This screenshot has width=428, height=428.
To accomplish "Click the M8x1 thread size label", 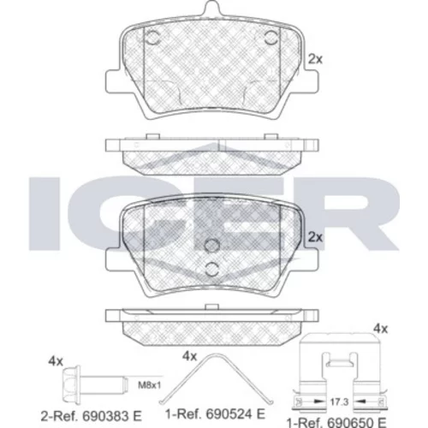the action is click(150, 385).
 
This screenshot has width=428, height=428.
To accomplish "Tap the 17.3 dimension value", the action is click(339, 402).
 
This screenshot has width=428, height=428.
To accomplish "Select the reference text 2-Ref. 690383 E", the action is click(91, 416).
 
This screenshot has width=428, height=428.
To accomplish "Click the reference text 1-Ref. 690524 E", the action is click(216, 413).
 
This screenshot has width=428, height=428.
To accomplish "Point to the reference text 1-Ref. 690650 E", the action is click(336, 421).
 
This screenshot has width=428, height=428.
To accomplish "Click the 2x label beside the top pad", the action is click(315, 59).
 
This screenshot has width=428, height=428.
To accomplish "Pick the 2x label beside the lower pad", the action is click(315, 237).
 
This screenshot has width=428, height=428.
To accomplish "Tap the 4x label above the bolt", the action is click(56, 361).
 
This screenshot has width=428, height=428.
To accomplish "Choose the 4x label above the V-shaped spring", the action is click(189, 356).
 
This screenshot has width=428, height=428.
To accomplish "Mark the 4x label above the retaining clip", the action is click(381, 329).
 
